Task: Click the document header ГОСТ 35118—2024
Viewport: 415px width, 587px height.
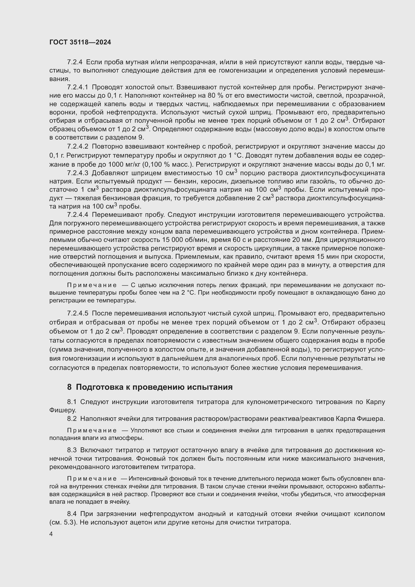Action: pos(80,42)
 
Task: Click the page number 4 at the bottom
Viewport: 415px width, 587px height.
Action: pos(51,534)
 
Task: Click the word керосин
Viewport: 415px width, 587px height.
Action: pos(211,181)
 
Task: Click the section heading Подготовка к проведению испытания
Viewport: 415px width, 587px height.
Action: pos(154,387)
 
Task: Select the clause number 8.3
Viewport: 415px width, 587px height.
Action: pos(72,450)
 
